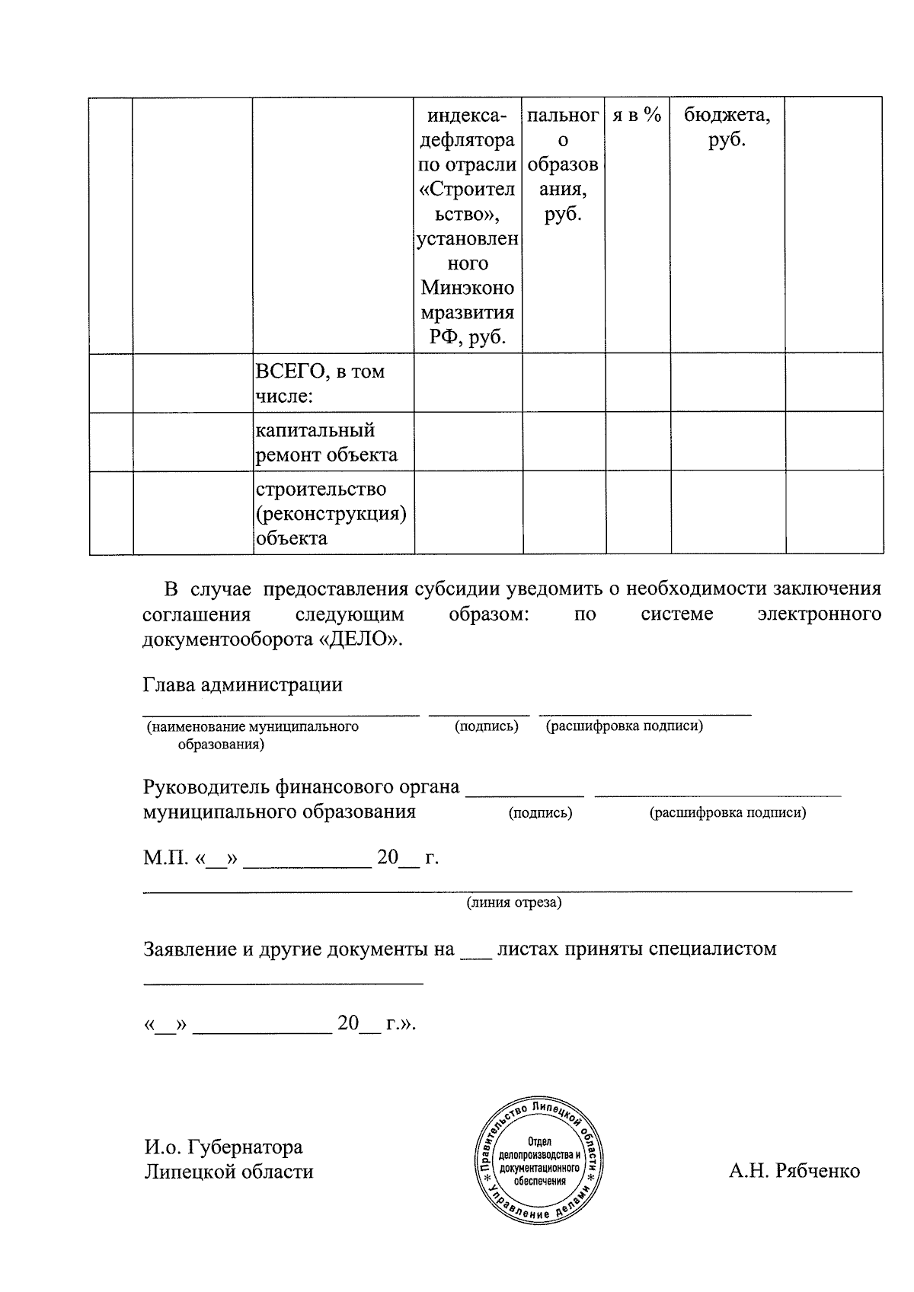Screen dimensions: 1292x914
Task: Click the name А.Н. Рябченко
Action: pyautogui.click(x=794, y=1171)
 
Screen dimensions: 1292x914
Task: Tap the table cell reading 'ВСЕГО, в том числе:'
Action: pyautogui.click(x=334, y=384)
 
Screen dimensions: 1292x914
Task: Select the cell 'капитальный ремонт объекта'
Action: pyautogui.click(x=334, y=442)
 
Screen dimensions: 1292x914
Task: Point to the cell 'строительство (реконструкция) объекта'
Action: pyautogui.click(x=334, y=513)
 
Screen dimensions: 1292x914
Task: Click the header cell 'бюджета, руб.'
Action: pyautogui.click(x=727, y=128)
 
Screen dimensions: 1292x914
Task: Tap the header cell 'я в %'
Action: pyautogui.click(x=638, y=116)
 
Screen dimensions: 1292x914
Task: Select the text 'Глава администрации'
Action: pyautogui.click(x=242, y=684)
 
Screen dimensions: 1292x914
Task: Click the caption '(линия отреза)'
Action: pyautogui.click(x=514, y=903)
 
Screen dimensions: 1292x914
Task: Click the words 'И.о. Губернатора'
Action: pyautogui.click(x=223, y=1147)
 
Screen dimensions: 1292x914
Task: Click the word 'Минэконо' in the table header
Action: pyautogui.click(x=468, y=289)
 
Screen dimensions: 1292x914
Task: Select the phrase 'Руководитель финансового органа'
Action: pyautogui.click(x=301, y=786)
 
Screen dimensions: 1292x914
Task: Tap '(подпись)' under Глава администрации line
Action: pyautogui.click(x=486, y=726)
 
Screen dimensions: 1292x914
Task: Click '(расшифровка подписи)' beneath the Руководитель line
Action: pyautogui.click(x=727, y=812)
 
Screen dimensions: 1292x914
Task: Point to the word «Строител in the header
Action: pyautogui.click(x=468, y=190)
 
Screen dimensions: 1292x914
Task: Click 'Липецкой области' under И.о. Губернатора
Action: pyautogui.click(x=228, y=1171)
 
